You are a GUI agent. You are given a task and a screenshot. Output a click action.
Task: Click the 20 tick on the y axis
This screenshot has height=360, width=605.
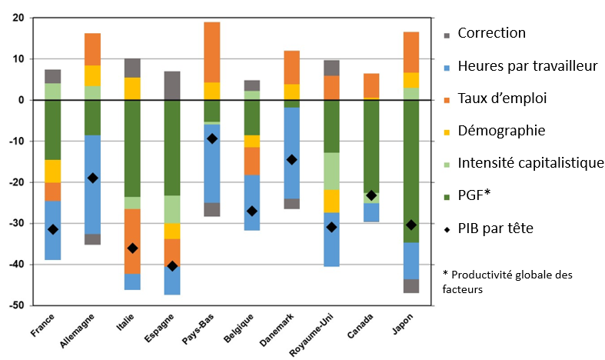tap(18, 18)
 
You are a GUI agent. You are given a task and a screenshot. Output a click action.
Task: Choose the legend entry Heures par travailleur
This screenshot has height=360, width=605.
tap(527, 66)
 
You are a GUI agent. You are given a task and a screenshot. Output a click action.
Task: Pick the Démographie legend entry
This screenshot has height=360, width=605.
tap(503, 130)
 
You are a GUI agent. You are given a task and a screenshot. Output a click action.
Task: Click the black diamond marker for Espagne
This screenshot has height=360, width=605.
tap(172, 266)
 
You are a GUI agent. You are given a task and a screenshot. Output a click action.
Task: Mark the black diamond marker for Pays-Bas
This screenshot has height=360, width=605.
tap(212, 138)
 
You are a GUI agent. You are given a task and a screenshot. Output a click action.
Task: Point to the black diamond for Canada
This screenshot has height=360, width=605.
tap(371, 195)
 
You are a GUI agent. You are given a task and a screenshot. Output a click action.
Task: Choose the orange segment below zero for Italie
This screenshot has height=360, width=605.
tap(132, 241)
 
